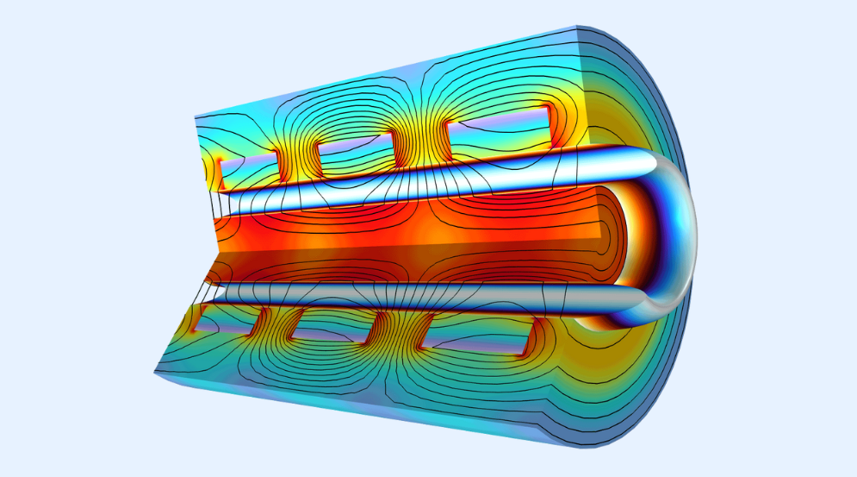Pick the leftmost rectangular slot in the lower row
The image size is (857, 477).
click(x=227, y=325)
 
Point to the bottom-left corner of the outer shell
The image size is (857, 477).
click(x=156, y=372)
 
